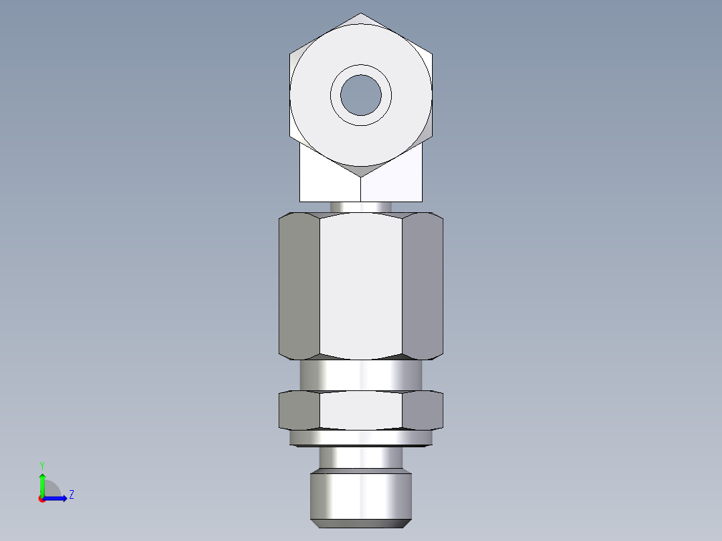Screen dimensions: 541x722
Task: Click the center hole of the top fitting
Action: click(x=361, y=94)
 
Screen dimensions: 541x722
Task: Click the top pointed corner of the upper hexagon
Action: click(x=361, y=15)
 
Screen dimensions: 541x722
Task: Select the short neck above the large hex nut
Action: click(x=361, y=207)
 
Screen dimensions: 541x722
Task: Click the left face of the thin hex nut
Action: click(x=299, y=410)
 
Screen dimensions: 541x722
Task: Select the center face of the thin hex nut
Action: click(x=361, y=410)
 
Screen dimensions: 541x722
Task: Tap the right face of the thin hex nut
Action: click(x=423, y=410)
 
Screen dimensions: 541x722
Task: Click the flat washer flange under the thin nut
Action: click(x=361, y=438)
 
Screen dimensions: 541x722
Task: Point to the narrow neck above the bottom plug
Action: click(x=361, y=457)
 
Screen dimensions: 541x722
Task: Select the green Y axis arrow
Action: click(x=42, y=482)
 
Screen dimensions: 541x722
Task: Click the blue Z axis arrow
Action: click(x=57, y=497)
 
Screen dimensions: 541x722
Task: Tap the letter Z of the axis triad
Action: click(x=71, y=495)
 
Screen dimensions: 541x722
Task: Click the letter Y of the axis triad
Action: click(x=42, y=465)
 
